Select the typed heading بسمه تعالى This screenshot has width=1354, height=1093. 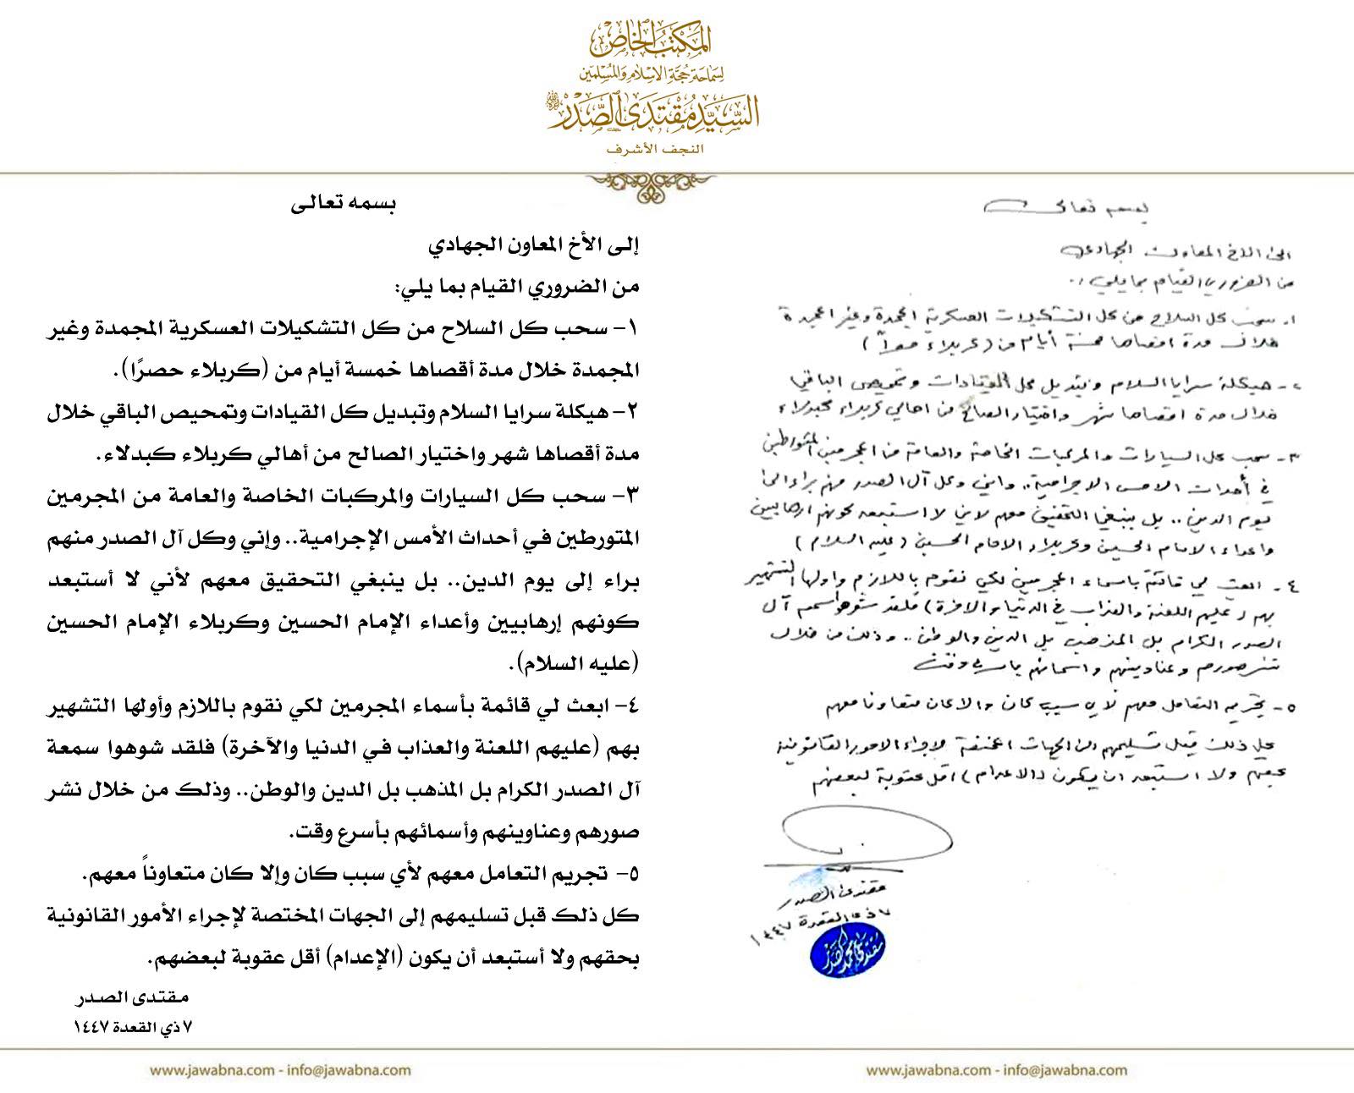[x=345, y=205]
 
